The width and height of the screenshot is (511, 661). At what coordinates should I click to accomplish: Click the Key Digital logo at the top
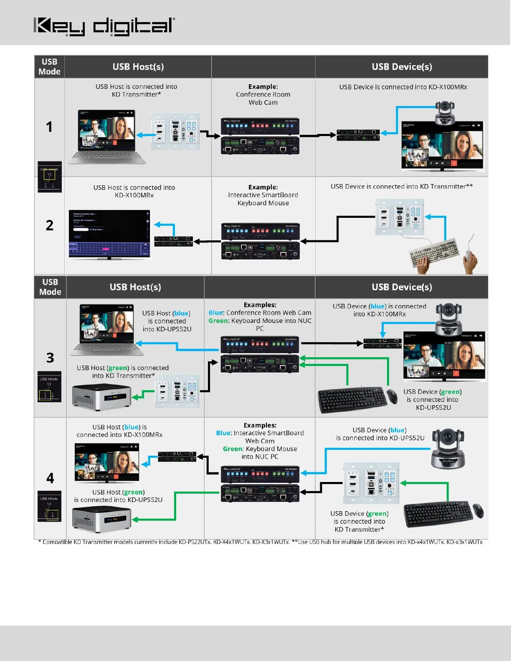pos(104,26)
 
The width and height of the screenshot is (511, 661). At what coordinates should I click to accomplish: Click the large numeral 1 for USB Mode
pos(49,127)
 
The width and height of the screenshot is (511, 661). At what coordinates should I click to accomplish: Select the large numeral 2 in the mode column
pos(49,225)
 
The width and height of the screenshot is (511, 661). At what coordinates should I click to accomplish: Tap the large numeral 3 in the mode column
pos(50,358)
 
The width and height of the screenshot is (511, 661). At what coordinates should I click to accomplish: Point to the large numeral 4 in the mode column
pos(50,478)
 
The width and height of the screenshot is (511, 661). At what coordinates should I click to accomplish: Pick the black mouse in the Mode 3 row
pos(392,396)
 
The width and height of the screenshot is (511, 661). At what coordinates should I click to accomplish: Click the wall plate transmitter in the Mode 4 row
pos(371,483)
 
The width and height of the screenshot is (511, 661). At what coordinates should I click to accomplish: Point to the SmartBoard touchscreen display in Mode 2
pos(109,234)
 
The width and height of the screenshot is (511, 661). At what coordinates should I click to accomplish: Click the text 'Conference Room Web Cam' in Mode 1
pos(263,98)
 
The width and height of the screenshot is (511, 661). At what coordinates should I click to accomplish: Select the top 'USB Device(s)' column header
pos(402,67)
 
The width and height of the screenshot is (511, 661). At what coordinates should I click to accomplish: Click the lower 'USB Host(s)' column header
pos(135,287)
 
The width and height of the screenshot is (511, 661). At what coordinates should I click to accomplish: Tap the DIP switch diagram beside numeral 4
pos(49,506)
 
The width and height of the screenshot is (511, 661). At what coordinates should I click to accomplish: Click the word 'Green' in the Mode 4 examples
pos(233,449)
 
